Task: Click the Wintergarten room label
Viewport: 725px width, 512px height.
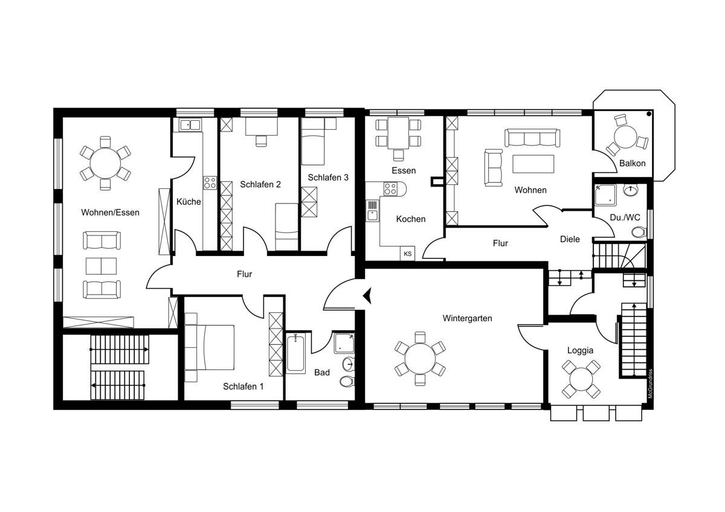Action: (467, 318)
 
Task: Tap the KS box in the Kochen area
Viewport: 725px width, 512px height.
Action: (407, 254)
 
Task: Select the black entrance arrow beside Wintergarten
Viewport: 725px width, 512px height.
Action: (367, 296)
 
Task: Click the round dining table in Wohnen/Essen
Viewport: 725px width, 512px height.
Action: (105, 164)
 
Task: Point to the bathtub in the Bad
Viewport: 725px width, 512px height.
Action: (295, 354)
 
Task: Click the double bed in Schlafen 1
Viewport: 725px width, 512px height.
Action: (214, 347)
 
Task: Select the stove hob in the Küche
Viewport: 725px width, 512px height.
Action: (210, 183)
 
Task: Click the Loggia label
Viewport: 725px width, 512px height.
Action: (581, 350)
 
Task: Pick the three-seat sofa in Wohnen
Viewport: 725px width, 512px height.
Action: (532, 138)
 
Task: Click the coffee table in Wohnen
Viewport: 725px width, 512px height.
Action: (533, 164)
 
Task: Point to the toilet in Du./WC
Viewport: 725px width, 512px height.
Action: (639, 232)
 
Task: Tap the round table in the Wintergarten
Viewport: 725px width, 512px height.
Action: (420, 359)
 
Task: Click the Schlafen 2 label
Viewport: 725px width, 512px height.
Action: (260, 184)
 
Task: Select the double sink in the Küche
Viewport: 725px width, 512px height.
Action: (190, 125)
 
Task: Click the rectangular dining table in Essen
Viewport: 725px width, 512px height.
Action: (398, 133)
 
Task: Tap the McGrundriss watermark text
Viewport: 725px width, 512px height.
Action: (651, 384)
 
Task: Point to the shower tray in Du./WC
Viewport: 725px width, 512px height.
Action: (605, 195)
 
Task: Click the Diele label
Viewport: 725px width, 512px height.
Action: (570, 239)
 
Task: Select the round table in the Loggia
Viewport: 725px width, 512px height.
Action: (581, 379)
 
